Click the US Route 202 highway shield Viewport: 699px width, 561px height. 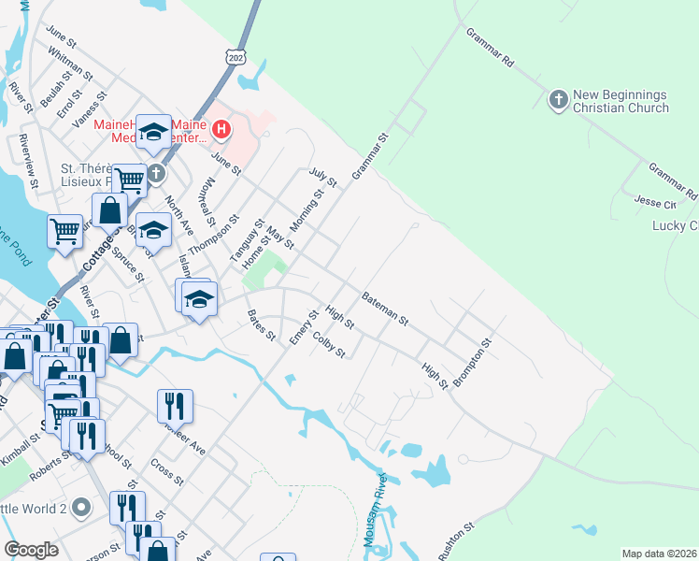coord(235,58)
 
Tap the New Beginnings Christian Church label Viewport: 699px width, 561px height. coord(621,101)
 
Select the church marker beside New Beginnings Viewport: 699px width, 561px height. coord(558,99)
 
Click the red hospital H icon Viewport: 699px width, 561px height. coord(221,128)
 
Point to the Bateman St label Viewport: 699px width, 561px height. coord(385,306)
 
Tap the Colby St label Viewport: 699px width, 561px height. coord(330,345)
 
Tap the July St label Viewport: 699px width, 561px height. coord(321,177)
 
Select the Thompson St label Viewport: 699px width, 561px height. coord(207,237)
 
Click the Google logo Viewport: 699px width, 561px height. coord(31,550)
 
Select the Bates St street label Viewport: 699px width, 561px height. coord(261,324)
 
